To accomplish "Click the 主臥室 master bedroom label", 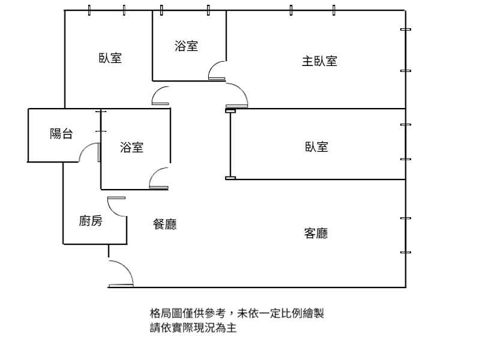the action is point(319,61).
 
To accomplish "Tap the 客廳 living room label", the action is point(316,233).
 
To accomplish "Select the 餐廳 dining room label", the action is point(164,224).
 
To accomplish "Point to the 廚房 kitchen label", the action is point(91,221).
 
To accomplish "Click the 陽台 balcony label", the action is point(61,134).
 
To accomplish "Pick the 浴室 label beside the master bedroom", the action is point(186,46).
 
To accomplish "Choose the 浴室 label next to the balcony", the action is point(131,147).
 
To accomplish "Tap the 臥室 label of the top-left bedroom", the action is point(110,58).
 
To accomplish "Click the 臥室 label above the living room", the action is point(317,147).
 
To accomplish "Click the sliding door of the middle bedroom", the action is point(230,144).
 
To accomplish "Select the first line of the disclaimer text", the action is point(236,313).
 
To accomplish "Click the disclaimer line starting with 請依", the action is point(193,328).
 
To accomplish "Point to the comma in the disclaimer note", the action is point(231,316).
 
